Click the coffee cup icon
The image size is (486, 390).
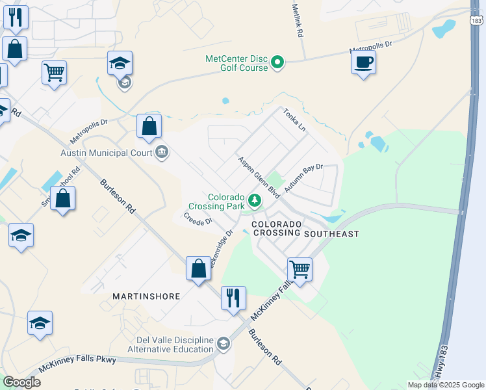click(363, 62)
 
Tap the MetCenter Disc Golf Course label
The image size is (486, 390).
click(237, 62)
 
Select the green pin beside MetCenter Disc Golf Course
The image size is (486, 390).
click(277, 63)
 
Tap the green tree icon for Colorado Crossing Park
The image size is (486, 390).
click(256, 200)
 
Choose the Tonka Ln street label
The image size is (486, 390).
click(294, 120)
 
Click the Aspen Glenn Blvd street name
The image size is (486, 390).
click(258, 177)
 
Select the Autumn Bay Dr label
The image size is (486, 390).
click(303, 180)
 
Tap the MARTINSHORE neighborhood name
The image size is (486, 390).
click(146, 296)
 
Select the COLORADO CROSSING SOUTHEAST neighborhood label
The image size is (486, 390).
click(305, 228)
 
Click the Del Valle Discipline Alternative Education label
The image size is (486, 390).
click(174, 344)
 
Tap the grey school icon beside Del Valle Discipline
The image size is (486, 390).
click(224, 343)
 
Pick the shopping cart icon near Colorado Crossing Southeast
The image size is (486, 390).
click(300, 269)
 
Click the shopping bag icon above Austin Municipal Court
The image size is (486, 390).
click(149, 126)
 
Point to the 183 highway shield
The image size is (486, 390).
click(476, 21)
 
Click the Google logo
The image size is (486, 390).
click(21, 382)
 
